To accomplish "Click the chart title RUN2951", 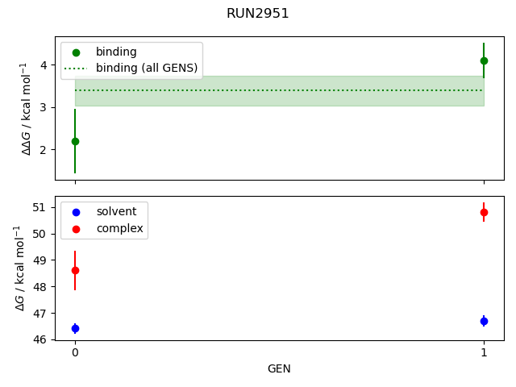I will [x=258, y=14].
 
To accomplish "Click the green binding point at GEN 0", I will [x=75, y=141].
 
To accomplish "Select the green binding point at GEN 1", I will [x=484, y=60].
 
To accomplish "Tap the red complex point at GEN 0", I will [x=75, y=271].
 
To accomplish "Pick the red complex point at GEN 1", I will [x=484, y=212].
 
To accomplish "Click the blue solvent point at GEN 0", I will [x=75, y=328].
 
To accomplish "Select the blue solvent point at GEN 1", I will [x=484, y=321].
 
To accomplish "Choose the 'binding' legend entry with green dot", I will [x=116, y=52].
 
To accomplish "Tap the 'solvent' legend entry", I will [x=116, y=211].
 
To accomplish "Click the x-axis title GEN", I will [x=279, y=369].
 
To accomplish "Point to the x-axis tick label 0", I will [x=75, y=352].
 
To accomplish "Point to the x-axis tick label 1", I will [x=484, y=352].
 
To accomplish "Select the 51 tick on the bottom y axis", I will [x=40, y=208].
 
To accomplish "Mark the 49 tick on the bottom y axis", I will [x=40, y=260].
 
